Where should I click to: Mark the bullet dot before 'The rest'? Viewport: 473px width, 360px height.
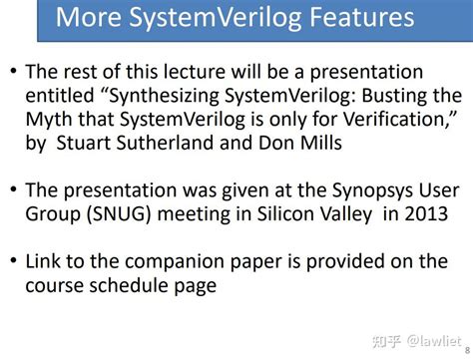[11, 75]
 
